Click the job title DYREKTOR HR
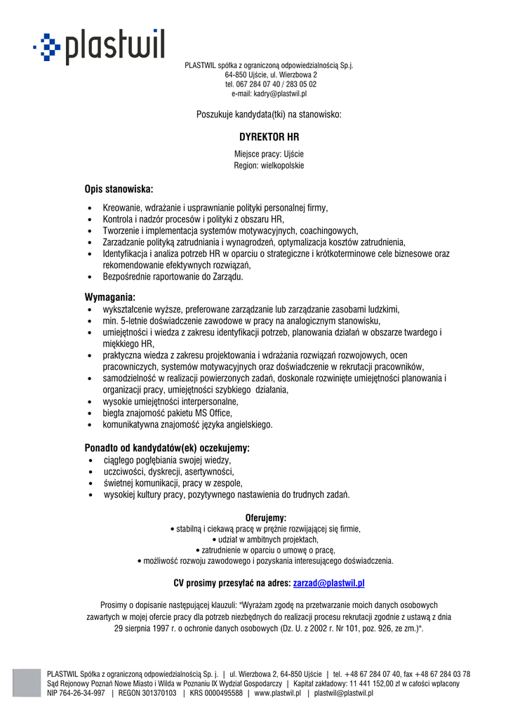click(269, 138)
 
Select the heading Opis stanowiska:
click(119, 189)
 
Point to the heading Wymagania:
click(109, 297)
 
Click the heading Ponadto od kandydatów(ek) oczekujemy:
click(167, 447)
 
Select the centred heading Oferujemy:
click(266, 517)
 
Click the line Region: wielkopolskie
click(269, 165)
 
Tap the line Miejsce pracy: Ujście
click(269, 154)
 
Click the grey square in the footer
click(27, 682)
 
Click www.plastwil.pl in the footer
click(277, 693)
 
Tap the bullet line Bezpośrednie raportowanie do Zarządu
click(173, 277)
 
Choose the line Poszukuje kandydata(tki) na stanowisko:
click(269, 114)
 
